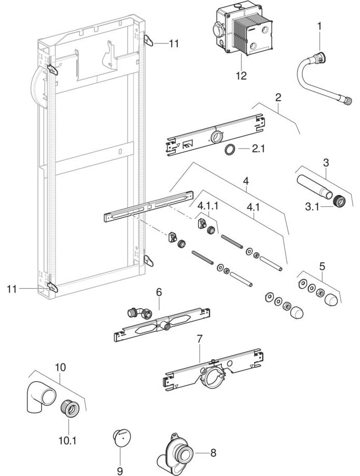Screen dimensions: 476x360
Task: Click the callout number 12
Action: pos(241,76)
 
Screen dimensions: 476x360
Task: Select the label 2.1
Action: pos(258,150)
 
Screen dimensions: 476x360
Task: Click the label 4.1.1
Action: pos(208,204)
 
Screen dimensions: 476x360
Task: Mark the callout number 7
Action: pos(200,339)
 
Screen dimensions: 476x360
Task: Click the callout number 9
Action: pos(120,470)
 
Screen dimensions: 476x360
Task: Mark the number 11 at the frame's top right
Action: pos(174,44)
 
